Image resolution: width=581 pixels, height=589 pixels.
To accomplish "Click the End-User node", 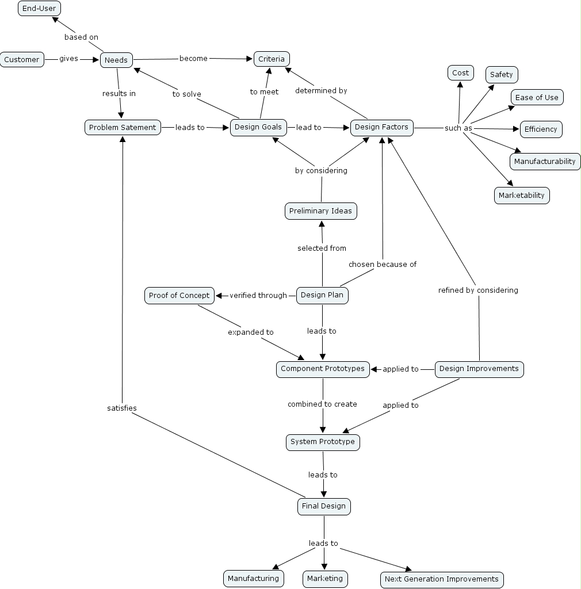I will click(x=39, y=9).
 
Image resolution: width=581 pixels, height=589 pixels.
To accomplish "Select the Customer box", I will click(x=22, y=60).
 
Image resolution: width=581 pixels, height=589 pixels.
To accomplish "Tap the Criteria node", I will click(x=272, y=59).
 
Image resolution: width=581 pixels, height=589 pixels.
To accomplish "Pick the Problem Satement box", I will click(x=123, y=127).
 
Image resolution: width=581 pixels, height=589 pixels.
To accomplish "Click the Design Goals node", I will click(x=258, y=127).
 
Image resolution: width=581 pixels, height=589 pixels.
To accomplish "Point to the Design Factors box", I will click(x=381, y=127).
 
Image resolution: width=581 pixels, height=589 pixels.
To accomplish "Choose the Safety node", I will click(x=502, y=75).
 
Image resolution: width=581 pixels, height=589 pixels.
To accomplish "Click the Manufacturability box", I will click(x=545, y=162).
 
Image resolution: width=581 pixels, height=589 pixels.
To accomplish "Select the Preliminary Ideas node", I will click(x=320, y=211).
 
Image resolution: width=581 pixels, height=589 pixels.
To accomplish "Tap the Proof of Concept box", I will click(x=179, y=296).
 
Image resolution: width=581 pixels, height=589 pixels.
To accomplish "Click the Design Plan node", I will click(x=322, y=296).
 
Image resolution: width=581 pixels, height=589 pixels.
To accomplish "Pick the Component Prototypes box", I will click(x=323, y=369).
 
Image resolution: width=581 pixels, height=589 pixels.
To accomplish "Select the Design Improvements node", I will click(x=479, y=369).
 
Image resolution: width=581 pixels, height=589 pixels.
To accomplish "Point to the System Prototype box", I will click(x=323, y=442).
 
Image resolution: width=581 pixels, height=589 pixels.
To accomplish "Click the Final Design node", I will click(x=324, y=506).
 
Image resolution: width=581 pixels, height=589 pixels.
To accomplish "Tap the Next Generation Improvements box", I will click(x=442, y=579).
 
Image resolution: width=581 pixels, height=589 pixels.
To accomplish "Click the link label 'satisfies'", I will click(x=122, y=408).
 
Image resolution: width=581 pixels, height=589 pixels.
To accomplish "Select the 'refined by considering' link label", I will click(x=478, y=290).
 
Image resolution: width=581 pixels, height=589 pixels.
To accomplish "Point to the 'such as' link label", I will click(x=458, y=128).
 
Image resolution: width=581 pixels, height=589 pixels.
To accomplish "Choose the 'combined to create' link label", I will click(x=322, y=404).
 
